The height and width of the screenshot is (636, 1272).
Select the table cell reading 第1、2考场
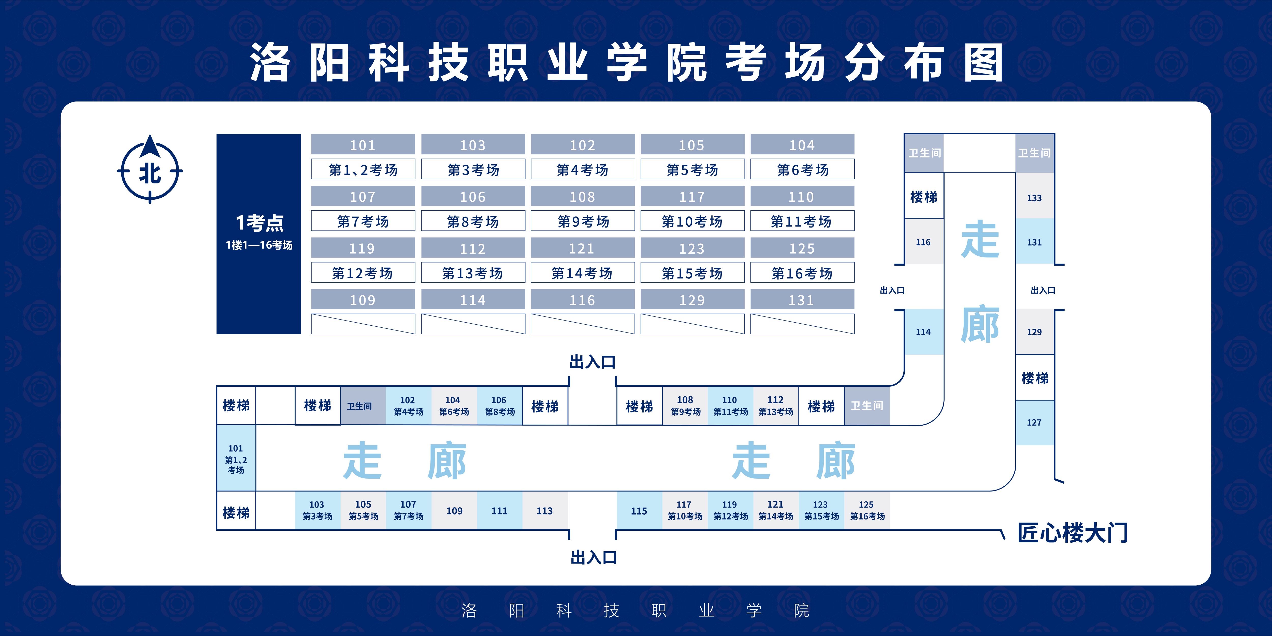click(x=363, y=169)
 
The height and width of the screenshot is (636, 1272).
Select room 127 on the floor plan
click(x=1034, y=422)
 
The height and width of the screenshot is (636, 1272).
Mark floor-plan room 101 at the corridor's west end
click(x=236, y=458)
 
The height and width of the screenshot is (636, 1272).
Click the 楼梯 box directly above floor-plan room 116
click(x=923, y=197)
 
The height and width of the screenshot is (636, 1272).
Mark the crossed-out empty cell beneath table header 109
click(x=363, y=324)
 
